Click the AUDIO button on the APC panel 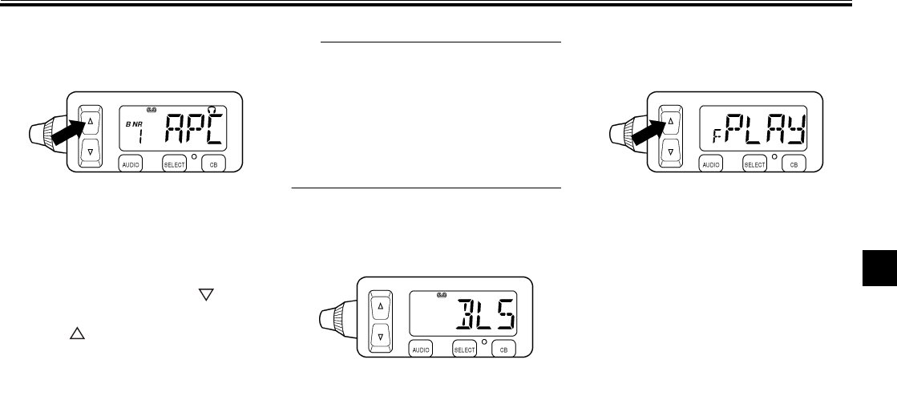click(x=130, y=164)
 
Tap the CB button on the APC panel click(x=213, y=164)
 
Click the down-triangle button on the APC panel click(x=90, y=151)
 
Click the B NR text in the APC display click(x=132, y=126)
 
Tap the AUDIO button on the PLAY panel click(x=711, y=164)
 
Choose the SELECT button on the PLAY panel click(x=754, y=164)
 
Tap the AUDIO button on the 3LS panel click(x=420, y=349)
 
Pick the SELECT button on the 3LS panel click(x=464, y=349)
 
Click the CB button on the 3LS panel click(x=503, y=349)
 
